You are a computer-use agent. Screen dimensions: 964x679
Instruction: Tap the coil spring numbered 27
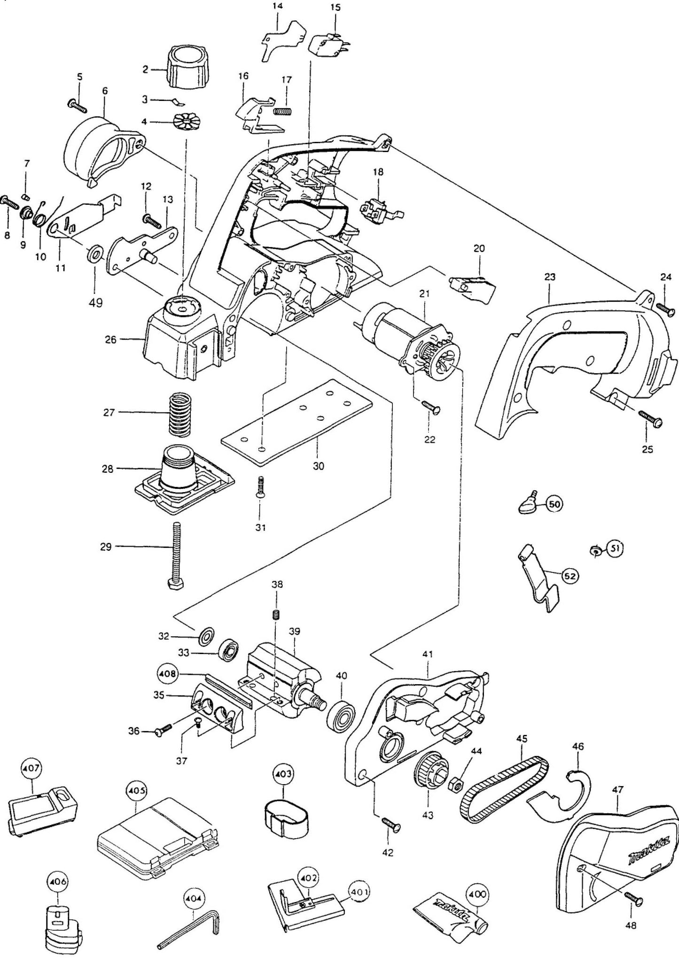click(181, 414)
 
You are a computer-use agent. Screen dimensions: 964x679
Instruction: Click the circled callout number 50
click(554, 505)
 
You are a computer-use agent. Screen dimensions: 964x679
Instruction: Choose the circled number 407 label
click(32, 770)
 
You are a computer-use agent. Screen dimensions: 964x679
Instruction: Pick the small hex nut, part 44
click(454, 783)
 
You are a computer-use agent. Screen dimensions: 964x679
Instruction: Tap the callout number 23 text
click(549, 277)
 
